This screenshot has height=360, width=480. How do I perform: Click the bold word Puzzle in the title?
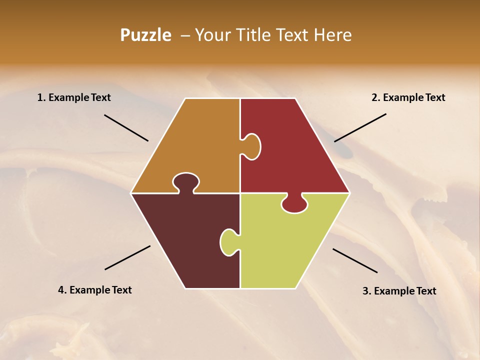(x=145, y=35)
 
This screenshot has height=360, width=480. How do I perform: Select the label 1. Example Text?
(x=74, y=97)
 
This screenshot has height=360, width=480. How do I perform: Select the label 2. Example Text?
(x=408, y=97)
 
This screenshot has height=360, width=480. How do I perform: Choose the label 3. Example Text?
(x=399, y=291)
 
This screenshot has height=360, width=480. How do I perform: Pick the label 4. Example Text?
(x=95, y=290)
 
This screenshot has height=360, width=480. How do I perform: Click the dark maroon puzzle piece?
(x=185, y=240)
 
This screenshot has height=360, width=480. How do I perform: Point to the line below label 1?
(x=126, y=127)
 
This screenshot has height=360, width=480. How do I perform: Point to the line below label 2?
(x=360, y=127)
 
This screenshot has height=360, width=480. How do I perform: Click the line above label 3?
(x=355, y=260)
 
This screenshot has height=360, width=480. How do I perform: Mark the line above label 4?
(x=127, y=257)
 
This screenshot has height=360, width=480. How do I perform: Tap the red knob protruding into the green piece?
(x=294, y=204)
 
